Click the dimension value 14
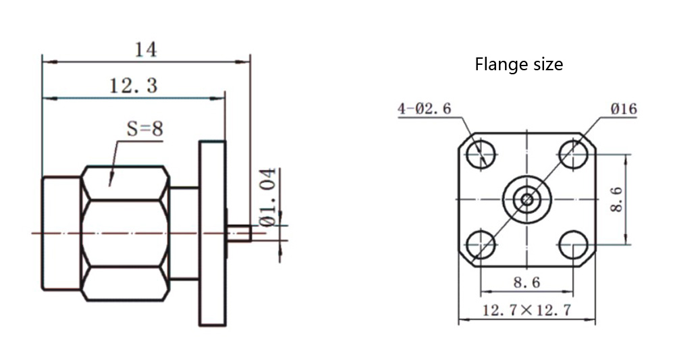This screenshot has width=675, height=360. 146,49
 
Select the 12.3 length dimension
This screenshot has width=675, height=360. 133,86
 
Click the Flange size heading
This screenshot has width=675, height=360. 518,65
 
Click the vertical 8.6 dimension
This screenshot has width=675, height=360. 616,199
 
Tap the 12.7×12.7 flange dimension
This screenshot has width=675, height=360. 526,311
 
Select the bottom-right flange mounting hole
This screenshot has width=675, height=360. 573,244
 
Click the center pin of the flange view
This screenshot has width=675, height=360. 527,199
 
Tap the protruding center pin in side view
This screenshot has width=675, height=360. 240,234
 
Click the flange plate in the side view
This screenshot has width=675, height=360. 212,233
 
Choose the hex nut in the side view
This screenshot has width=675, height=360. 125,233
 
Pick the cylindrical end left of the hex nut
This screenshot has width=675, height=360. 61,233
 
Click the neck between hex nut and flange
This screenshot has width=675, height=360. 184,233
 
